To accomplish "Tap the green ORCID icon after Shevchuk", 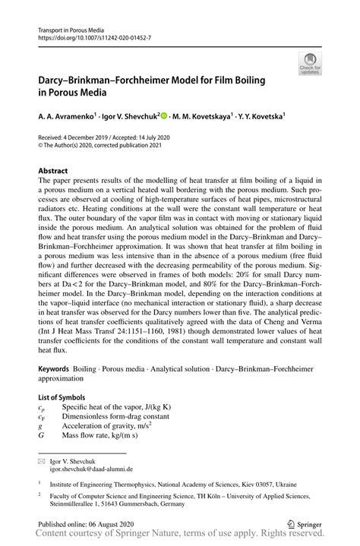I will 164,116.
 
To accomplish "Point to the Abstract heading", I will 53,172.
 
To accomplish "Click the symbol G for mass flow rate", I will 41,436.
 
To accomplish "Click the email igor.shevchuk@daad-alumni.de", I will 90,469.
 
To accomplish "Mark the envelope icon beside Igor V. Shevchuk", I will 41,461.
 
